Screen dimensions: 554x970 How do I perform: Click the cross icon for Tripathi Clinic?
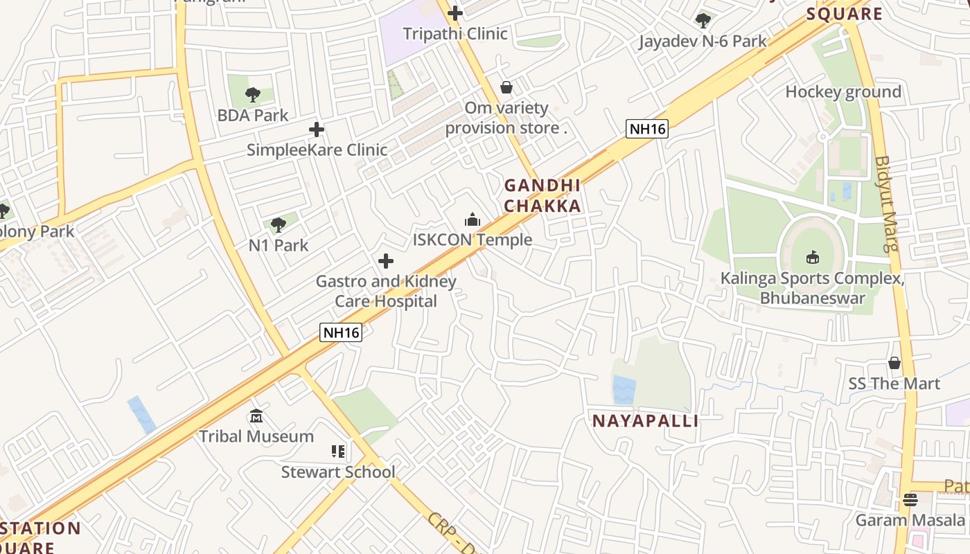tap(455, 12)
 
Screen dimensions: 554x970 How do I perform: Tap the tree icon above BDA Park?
tap(253, 95)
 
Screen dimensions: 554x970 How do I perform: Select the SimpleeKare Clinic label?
tap(317, 150)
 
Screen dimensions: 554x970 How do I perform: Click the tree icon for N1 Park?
tap(279, 224)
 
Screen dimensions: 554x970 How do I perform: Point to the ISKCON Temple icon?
tap(473, 220)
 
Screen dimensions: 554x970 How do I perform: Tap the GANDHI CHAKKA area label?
tap(542, 195)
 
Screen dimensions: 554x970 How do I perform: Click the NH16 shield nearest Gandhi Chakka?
tap(646, 128)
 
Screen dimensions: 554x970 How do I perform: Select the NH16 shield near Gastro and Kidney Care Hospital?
tap(341, 332)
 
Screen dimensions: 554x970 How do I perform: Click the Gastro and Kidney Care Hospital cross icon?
tap(386, 261)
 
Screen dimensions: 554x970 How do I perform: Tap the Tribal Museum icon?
tap(256, 416)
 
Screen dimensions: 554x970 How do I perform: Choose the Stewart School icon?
tap(338, 452)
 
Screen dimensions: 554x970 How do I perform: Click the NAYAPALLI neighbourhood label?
tap(645, 421)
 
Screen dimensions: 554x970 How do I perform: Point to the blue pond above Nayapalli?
tap(624, 390)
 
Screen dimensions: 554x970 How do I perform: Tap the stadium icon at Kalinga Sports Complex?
tap(812, 258)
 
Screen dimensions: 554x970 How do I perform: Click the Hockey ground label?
tap(843, 92)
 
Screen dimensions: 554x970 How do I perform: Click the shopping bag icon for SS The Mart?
tap(894, 363)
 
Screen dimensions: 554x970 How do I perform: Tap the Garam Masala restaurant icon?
tap(910, 499)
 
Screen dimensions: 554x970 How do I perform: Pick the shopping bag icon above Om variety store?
tap(506, 87)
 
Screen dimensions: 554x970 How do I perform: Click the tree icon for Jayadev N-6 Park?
tap(703, 21)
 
